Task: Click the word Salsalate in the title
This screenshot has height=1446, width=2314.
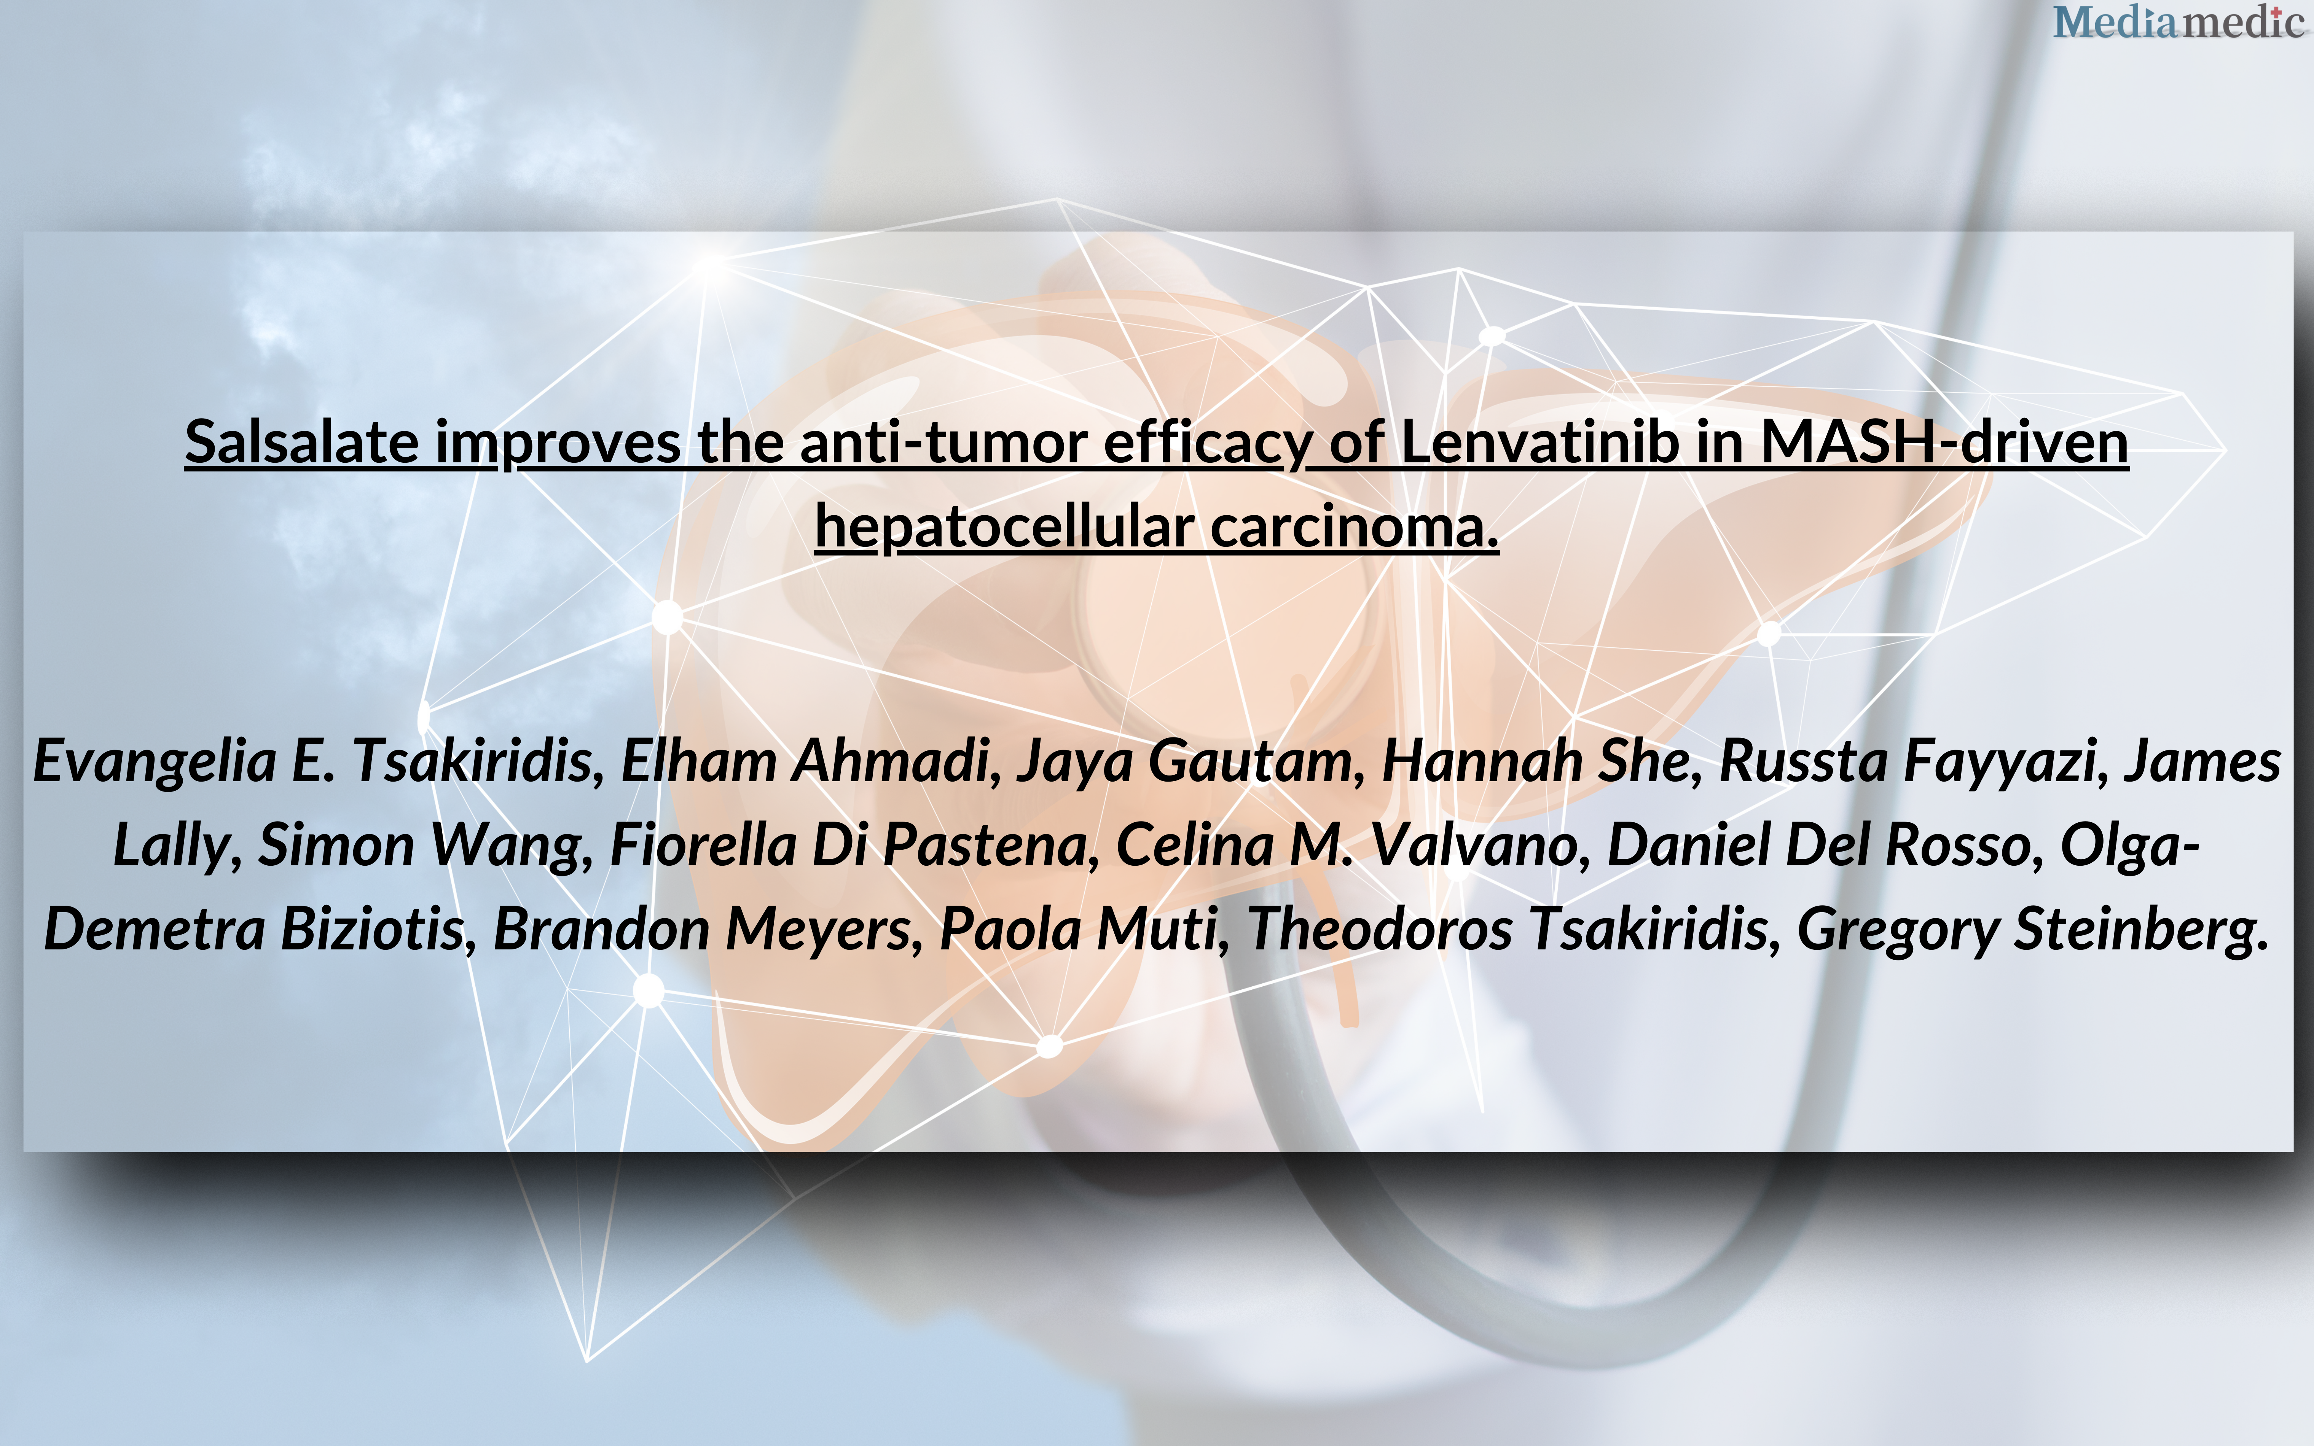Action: coord(301,443)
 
